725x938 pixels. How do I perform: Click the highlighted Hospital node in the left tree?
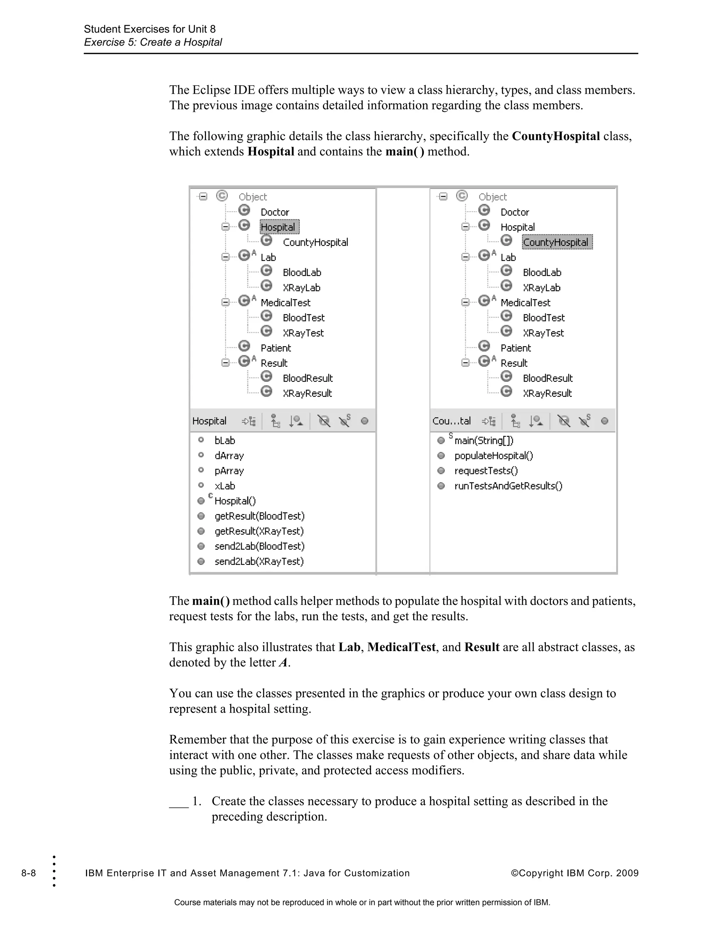pos(278,227)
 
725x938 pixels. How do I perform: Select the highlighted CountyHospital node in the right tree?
pos(556,242)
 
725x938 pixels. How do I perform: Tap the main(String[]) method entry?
pos(484,441)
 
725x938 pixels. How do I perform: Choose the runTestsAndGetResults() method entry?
pos(508,486)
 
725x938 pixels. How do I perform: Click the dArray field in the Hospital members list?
pos(229,456)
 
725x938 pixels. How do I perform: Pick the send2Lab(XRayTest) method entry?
pos(259,561)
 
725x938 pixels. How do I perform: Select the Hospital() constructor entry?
pos(235,501)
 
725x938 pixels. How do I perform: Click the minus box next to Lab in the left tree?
pos(226,257)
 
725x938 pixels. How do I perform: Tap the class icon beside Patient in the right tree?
pos(484,346)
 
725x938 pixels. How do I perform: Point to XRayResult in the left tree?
pos(307,393)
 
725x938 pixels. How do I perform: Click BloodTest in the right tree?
pos(543,318)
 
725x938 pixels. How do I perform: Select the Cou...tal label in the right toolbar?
pos(451,421)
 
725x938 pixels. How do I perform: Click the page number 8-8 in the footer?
pos(29,873)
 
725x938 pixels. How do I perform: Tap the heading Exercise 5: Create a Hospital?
pos(153,42)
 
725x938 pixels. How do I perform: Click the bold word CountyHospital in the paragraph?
pos(556,136)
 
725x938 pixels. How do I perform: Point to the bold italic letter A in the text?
pos(282,663)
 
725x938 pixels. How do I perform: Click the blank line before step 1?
pos(179,802)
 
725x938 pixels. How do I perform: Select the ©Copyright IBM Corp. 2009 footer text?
pos(574,873)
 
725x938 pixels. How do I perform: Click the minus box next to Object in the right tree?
pos(443,197)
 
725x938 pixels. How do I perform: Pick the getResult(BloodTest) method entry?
pos(259,516)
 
